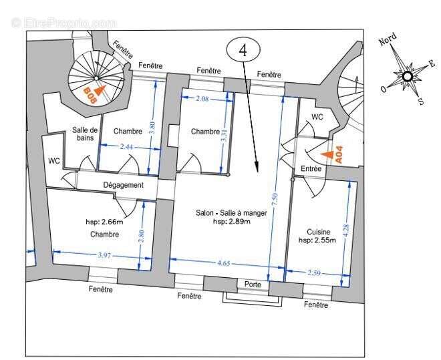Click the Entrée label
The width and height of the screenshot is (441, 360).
point(311,169)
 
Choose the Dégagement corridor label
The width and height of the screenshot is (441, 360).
point(123,185)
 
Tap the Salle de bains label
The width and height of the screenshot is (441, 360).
point(85,134)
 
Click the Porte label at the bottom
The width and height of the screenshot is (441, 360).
point(253,284)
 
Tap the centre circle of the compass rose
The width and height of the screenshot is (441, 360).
point(407,76)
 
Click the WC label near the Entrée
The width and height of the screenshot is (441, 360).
point(317,117)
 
